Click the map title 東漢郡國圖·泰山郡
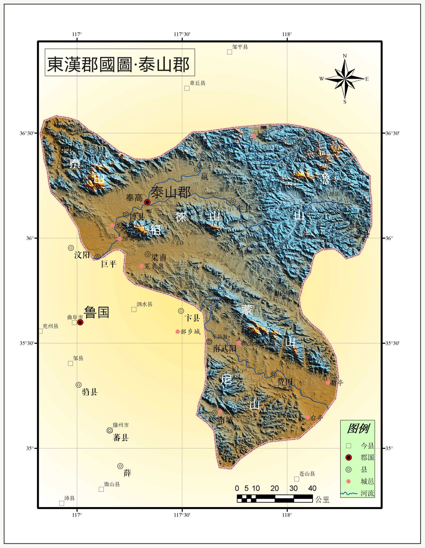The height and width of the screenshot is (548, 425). click(119, 64)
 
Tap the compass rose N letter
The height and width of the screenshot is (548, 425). click(345, 56)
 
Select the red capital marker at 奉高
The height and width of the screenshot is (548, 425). click(147, 202)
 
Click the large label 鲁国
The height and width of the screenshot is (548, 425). click(97, 312)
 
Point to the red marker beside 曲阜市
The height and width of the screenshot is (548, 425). click(80, 322)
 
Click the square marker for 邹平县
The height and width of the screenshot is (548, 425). click(229, 52)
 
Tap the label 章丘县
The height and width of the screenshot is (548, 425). click(198, 83)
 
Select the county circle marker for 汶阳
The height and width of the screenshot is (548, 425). click(71, 248)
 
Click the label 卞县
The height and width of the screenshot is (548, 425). click(192, 318)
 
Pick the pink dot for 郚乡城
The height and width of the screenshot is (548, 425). click(178, 332)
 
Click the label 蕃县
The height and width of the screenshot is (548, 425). click(121, 438)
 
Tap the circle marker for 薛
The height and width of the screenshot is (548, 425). click(121, 466)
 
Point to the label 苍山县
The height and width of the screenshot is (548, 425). click(307, 474)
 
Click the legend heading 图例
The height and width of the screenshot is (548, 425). click(358, 429)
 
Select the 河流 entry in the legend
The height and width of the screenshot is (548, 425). click(367, 493)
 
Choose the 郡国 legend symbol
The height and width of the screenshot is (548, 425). click(349, 458)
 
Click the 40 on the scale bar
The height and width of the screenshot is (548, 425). click(312, 488)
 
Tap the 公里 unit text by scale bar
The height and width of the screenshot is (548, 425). click(322, 499)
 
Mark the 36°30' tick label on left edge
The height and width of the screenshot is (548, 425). click(27, 133)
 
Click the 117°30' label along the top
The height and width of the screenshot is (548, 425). click(182, 34)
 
